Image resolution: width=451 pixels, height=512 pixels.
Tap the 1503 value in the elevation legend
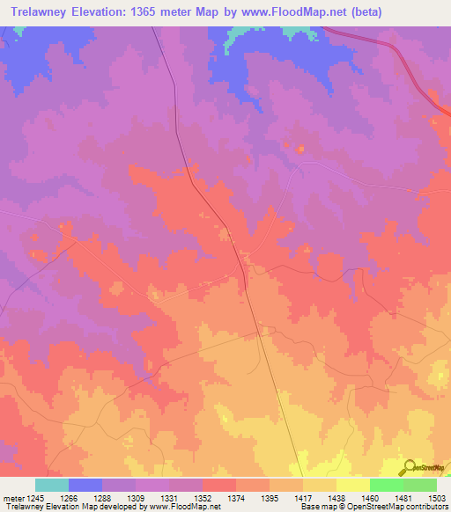(436, 498)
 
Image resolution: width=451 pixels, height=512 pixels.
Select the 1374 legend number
(236, 498)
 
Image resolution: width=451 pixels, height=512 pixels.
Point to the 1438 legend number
(336, 498)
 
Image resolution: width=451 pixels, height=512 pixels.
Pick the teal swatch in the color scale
(52, 485)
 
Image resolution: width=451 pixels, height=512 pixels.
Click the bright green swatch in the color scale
(386, 485)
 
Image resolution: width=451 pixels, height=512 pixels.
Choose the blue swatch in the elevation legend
(85, 485)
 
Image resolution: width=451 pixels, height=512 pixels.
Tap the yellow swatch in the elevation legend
(352, 485)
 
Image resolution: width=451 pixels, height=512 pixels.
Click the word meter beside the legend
(15, 498)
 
